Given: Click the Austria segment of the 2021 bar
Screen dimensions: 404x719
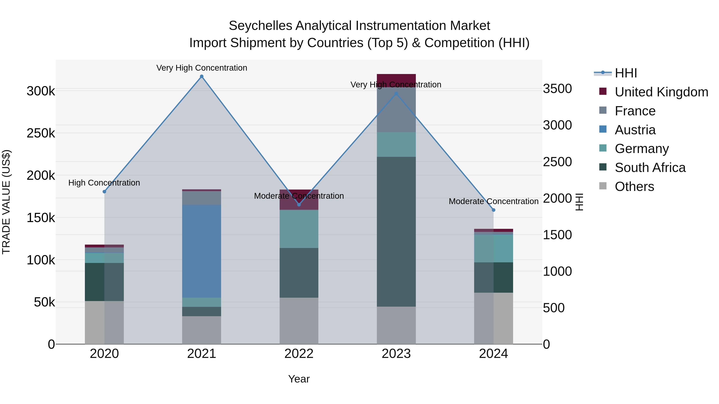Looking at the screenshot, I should pyautogui.click(x=202, y=251).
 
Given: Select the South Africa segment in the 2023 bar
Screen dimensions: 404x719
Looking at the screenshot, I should pyautogui.click(x=396, y=231).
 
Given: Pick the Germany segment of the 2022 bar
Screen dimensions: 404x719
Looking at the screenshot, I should pyautogui.click(x=299, y=229).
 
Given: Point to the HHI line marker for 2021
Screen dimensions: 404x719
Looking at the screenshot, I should pyautogui.click(x=202, y=76).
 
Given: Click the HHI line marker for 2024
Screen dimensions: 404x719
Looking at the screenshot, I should pyautogui.click(x=494, y=210).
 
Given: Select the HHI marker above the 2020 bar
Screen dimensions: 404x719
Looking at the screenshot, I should pyautogui.click(x=104, y=192).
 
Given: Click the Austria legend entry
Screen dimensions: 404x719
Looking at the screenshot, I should pyautogui.click(x=635, y=130).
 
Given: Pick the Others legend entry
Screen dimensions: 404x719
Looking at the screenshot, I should pyautogui.click(x=634, y=187).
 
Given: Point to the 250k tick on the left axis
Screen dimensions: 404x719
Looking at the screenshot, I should pyautogui.click(x=41, y=133).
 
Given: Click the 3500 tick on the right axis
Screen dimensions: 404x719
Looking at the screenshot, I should pyautogui.click(x=557, y=89).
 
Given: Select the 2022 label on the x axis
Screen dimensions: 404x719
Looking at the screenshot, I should pyautogui.click(x=299, y=354).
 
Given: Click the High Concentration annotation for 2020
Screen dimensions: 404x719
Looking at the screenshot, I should pyautogui.click(x=104, y=183).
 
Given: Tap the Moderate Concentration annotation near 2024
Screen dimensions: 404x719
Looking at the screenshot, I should pyautogui.click(x=494, y=201).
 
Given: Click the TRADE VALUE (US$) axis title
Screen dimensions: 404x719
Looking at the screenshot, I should pyautogui.click(x=6, y=202).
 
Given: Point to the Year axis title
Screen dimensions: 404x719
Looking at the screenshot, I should pyautogui.click(x=299, y=379).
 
